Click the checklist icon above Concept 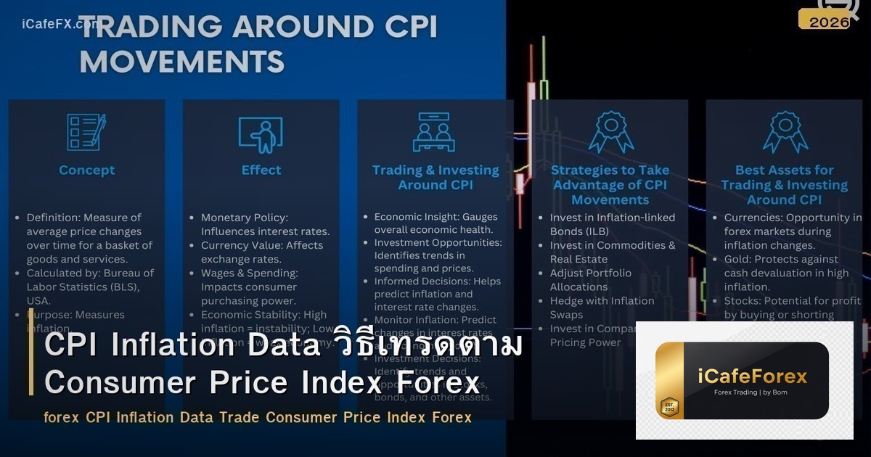[x=86, y=132]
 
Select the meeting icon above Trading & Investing [x=435, y=132]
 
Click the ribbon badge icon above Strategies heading [x=610, y=132]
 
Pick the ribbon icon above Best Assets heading [x=785, y=132]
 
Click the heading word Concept [x=86, y=170]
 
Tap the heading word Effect [x=261, y=170]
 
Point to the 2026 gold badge [x=828, y=22]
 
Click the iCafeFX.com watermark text [x=58, y=23]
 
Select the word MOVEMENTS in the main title [x=181, y=61]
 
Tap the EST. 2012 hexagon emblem [x=668, y=407]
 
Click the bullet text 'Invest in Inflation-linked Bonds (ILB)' [x=612, y=224]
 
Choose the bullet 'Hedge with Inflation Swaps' [x=602, y=308]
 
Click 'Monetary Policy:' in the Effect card [x=245, y=218]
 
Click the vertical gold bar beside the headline [x=31, y=361]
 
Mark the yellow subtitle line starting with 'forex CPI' [x=257, y=418]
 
